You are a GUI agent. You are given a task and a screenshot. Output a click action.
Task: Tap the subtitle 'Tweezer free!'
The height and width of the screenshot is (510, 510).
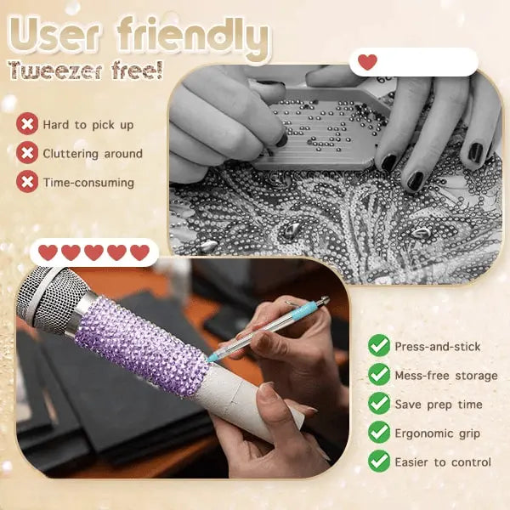pos(85,71)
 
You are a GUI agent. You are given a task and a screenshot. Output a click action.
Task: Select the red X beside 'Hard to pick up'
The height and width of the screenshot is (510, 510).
pos(28,125)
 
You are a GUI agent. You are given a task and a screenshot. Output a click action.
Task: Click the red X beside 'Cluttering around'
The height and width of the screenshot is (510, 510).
pos(28,154)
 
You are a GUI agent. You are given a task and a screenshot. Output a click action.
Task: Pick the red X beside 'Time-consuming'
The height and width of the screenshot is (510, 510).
pos(28,182)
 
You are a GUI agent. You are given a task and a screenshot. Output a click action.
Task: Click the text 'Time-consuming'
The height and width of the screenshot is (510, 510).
pos(88,182)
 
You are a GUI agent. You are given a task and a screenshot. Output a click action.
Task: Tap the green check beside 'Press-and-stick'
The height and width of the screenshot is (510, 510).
pos(379,346)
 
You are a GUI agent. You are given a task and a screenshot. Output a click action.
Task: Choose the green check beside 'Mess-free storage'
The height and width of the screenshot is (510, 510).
pos(379,375)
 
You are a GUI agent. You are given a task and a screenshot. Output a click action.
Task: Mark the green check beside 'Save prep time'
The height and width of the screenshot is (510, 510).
pos(379,404)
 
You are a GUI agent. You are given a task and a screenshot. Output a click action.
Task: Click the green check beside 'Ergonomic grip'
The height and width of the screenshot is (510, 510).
pos(379,433)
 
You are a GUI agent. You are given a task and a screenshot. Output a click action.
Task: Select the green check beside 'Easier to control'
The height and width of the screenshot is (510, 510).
pos(379,462)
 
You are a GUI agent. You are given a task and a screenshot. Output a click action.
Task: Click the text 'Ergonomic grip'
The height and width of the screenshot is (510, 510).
pos(437,433)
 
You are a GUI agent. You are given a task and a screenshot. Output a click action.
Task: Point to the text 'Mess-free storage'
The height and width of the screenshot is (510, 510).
pos(446,376)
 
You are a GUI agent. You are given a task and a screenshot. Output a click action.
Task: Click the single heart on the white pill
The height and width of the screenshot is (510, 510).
pos(367,62)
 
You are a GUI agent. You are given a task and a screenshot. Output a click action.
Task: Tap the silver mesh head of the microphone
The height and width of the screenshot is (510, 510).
pos(47,294)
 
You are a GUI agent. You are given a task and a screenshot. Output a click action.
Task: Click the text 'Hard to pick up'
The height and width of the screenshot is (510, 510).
pos(88,125)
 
